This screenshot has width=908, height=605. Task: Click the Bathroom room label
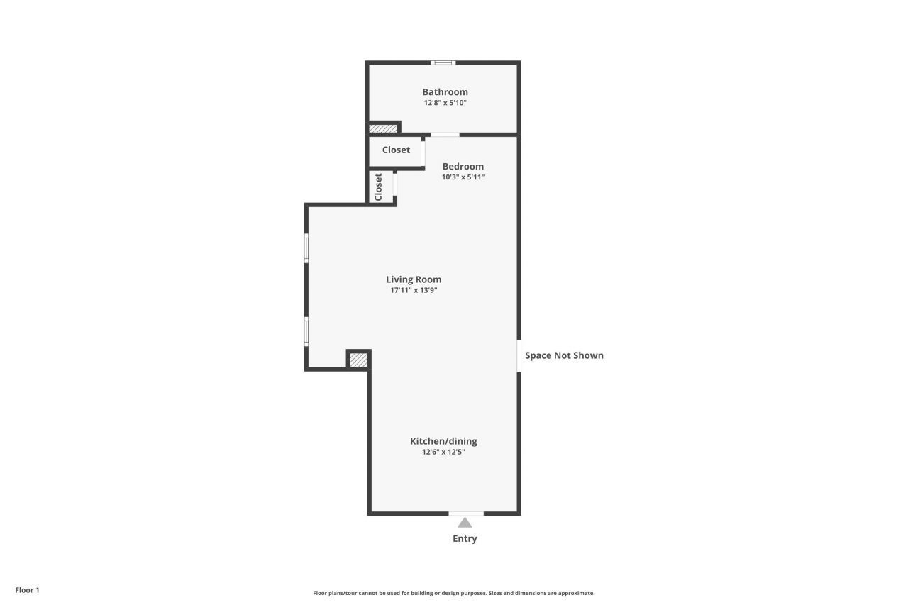[445, 91]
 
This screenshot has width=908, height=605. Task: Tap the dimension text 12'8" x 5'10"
[445, 103]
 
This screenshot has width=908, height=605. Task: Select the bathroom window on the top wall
[443, 62]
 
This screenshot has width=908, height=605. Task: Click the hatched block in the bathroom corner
[383, 129]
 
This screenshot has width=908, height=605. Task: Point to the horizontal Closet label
[396, 150]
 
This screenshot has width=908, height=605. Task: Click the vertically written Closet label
[378, 187]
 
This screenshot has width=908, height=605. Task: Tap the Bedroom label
[463, 166]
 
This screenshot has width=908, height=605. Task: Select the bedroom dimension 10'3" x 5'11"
[463, 177]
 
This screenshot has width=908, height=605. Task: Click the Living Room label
[414, 279]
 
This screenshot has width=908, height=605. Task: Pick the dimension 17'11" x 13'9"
[414, 290]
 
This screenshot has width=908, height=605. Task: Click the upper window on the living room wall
[306, 248]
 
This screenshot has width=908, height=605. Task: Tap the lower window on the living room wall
[306, 331]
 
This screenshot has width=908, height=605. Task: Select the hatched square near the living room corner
[358, 360]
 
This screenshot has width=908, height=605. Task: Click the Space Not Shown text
[564, 355]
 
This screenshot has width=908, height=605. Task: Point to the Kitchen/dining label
[443, 441]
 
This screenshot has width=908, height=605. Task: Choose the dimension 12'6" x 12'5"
[443, 452]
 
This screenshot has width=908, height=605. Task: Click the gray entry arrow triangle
[465, 523]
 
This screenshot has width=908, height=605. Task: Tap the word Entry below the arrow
[465, 539]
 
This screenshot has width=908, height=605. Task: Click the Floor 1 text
[27, 590]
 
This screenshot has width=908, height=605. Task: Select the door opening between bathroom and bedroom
[445, 135]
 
